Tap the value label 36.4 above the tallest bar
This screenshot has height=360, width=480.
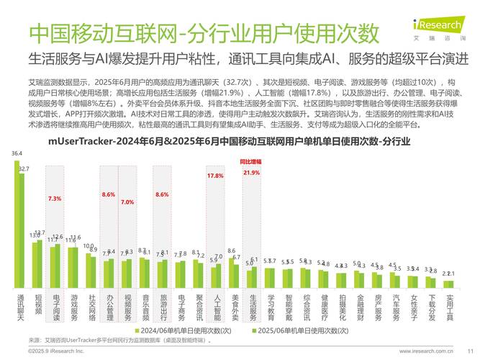point(17,153)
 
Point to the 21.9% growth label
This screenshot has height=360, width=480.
point(251,174)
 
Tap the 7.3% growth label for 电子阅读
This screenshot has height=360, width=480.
point(55,198)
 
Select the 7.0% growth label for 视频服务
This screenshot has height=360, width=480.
point(127,202)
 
